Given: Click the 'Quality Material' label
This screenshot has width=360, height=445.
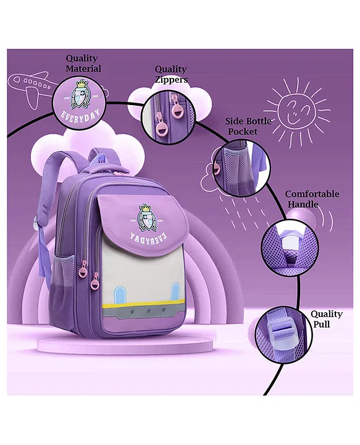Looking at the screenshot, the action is (83, 64).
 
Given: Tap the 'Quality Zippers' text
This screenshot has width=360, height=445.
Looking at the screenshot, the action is (171, 74).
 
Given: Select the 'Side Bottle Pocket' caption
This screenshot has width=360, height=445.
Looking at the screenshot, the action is (248, 126).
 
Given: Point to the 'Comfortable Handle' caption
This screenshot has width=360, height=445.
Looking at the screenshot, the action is (312, 199).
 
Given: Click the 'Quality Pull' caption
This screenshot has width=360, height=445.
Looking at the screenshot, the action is (326, 319).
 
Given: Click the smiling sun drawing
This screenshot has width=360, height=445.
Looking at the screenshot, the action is (297, 112).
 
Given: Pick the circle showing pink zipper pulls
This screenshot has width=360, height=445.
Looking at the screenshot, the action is (169, 116).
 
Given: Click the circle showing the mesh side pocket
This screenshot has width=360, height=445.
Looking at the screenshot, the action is (241, 167).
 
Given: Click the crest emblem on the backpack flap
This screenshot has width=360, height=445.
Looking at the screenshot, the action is (148, 218).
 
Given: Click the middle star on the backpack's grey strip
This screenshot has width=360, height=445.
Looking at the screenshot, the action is (149, 311).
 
